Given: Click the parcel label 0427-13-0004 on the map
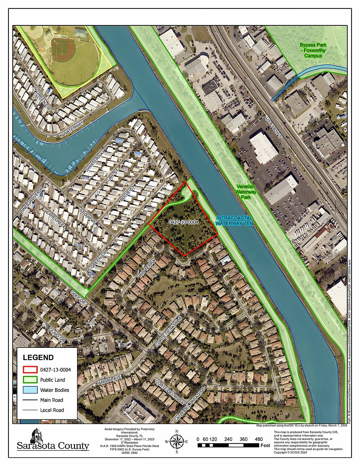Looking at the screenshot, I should [183, 222].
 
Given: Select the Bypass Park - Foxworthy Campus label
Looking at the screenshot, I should [314, 50].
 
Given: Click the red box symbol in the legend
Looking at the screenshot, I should [27, 369].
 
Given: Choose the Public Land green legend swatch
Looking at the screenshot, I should [27, 380].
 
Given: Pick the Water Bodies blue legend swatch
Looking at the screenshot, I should [27, 390].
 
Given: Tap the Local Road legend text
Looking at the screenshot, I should [52, 410].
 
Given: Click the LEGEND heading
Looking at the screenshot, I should [38, 357].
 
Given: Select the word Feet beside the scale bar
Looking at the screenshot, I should [265, 446].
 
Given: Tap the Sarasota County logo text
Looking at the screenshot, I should [53, 446].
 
